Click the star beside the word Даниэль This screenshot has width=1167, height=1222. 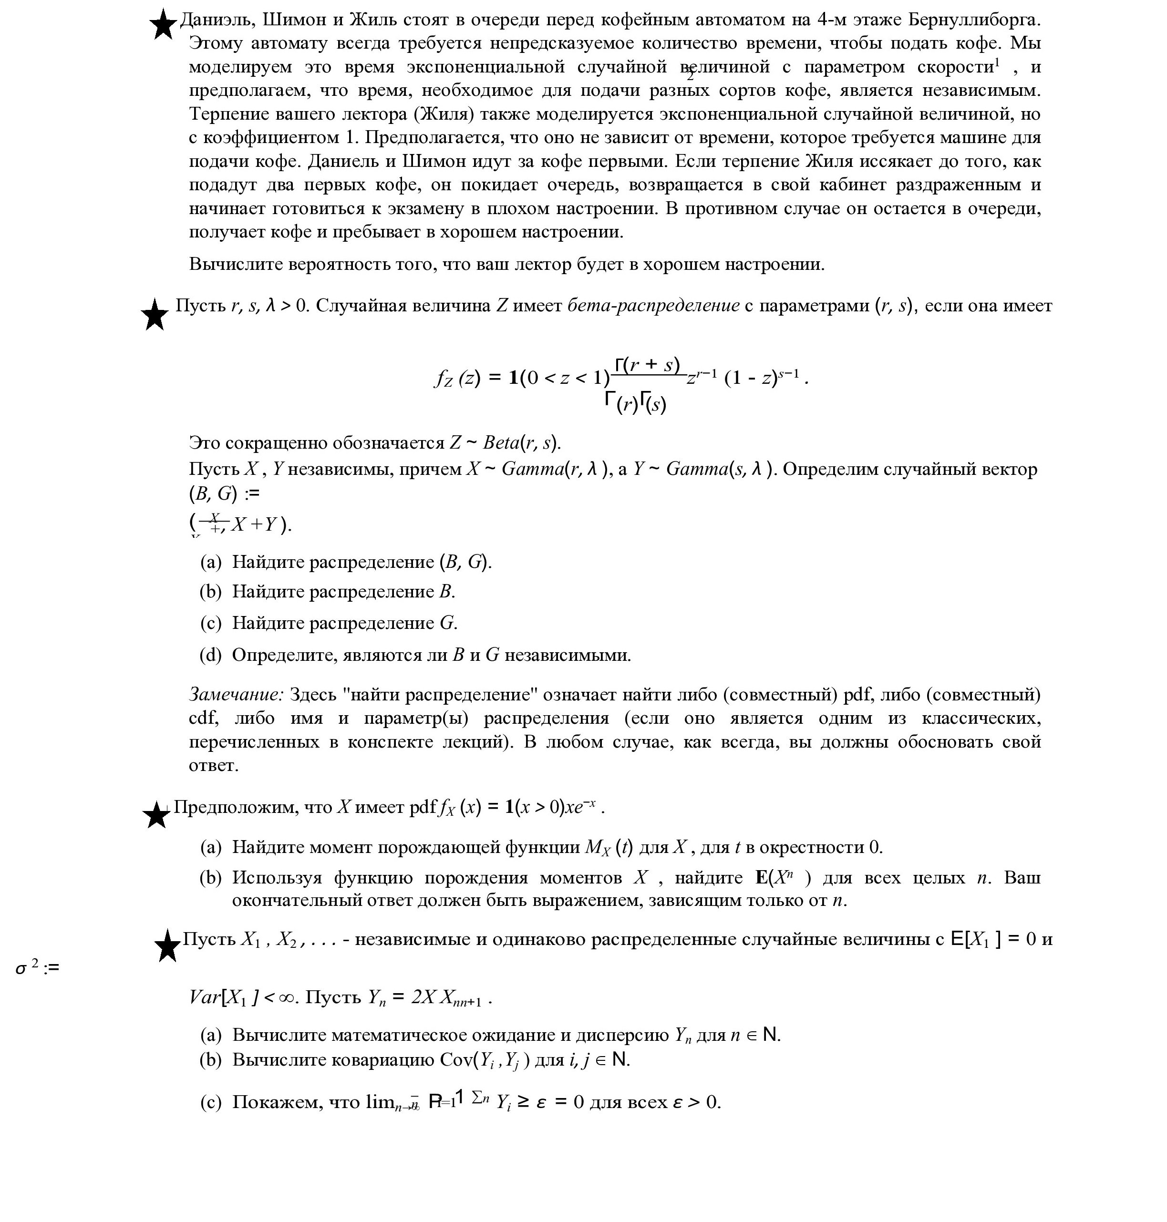163,25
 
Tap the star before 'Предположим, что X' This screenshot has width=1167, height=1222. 156,814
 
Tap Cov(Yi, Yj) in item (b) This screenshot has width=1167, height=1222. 485,1060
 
